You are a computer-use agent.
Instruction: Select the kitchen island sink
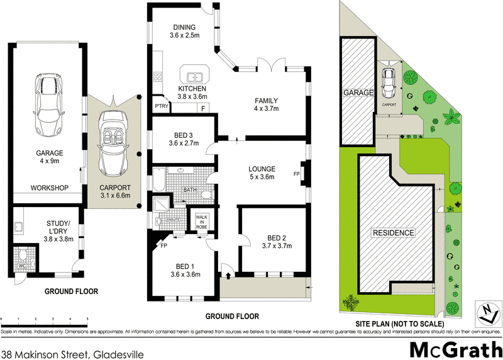pyautogui.click(x=197, y=76)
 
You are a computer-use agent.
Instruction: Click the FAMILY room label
pyautogui.click(x=266, y=101)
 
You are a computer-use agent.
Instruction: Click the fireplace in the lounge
pyautogui.click(x=304, y=174)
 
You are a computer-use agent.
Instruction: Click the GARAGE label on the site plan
pyautogui.click(x=358, y=93)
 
